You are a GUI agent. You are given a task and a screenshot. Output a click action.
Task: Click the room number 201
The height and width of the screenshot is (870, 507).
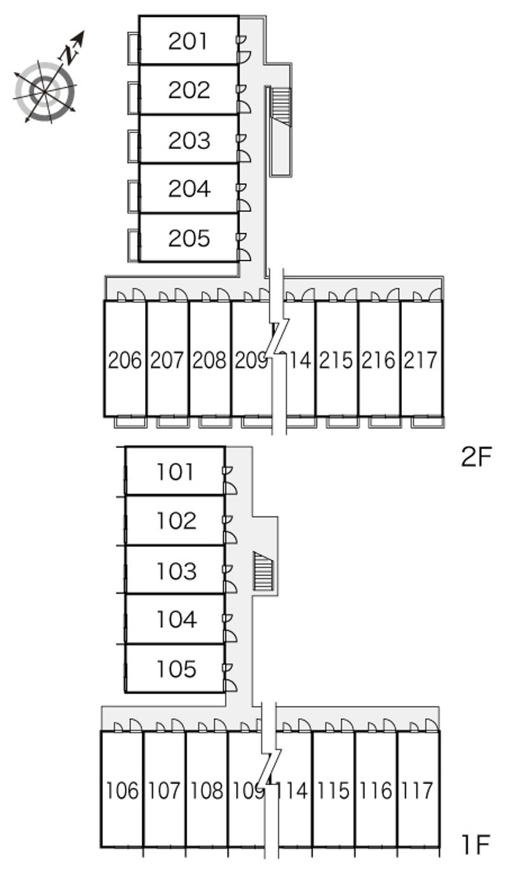click(x=189, y=41)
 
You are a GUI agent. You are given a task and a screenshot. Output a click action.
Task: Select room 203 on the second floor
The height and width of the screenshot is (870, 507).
click(x=189, y=140)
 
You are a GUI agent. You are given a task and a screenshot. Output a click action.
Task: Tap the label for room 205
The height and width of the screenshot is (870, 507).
click(x=189, y=238)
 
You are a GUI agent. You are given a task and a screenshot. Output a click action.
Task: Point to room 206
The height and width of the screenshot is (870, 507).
click(x=125, y=360)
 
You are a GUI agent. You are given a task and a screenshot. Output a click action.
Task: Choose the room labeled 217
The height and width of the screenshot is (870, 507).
click(x=421, y=360)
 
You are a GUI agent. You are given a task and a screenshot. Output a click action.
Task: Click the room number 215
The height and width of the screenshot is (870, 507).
click(x=336, y=360)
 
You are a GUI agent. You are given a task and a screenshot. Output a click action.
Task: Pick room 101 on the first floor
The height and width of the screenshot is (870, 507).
click(x=176, y=471)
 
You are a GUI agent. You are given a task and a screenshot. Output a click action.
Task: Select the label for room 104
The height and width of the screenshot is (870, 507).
click(x=176, y=618)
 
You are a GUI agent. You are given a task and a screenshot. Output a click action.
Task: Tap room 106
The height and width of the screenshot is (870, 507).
click(x=122, y=791)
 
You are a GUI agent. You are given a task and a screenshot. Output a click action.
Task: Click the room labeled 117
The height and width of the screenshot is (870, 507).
click(x=418, y=791)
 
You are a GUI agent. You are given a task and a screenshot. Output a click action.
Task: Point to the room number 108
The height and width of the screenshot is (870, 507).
click(x=207, y=791)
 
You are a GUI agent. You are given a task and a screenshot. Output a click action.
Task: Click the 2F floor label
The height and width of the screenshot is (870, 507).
click(x=476, y=456)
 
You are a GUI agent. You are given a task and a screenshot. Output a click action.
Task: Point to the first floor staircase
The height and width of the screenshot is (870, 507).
click(x=262, y=571)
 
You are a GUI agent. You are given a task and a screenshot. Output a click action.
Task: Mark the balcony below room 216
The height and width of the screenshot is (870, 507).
click(x=379, y=421)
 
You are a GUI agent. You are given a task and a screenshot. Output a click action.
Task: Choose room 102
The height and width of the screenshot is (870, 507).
click(x=176, y=521)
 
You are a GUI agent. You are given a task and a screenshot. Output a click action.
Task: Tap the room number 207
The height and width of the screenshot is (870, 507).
click(x=167, y=360)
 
